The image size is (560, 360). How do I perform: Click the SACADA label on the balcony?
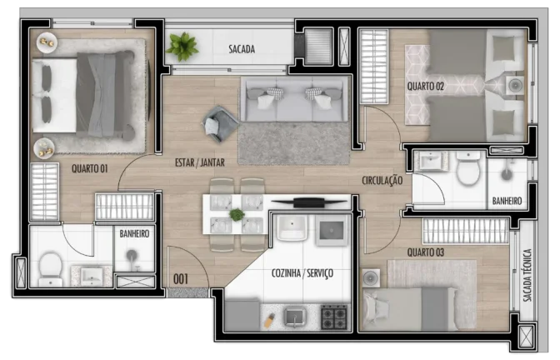[242, 49]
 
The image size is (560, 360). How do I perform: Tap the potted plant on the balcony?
[182, 47]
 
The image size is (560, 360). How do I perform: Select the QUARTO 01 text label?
[89, 168]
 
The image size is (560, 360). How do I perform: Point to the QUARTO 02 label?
[425, 86]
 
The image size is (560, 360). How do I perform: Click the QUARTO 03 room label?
[425, 252]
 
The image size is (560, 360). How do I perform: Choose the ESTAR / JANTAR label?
[200, 162]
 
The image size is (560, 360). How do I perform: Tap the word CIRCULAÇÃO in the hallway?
[382, 180]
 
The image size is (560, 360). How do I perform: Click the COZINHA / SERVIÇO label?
[302, 273]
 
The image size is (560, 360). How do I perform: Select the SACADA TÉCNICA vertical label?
[527, 275]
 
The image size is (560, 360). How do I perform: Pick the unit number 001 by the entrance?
[181, 279]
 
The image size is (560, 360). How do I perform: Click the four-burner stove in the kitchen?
[334, 317]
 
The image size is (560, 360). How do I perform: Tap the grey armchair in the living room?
[220, 123]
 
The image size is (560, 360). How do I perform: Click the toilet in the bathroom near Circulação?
[468, 167]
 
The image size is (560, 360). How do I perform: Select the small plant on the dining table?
[237, 215]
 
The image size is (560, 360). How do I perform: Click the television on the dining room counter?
[309, 202]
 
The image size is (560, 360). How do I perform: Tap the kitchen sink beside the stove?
[295, 317]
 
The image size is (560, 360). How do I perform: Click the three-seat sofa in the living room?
[295, 99]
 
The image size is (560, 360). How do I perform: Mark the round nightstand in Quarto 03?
[371, 277]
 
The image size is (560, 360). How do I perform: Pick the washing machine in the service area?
[332, 230]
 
